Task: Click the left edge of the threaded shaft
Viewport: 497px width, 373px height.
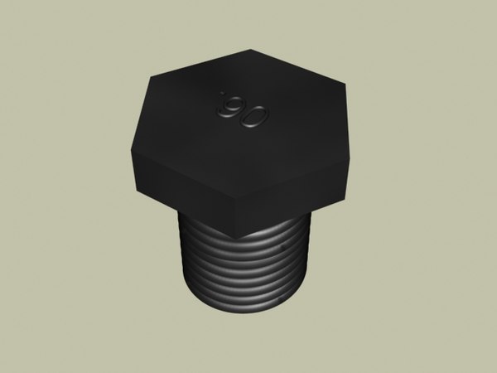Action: [x=179, y=257]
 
